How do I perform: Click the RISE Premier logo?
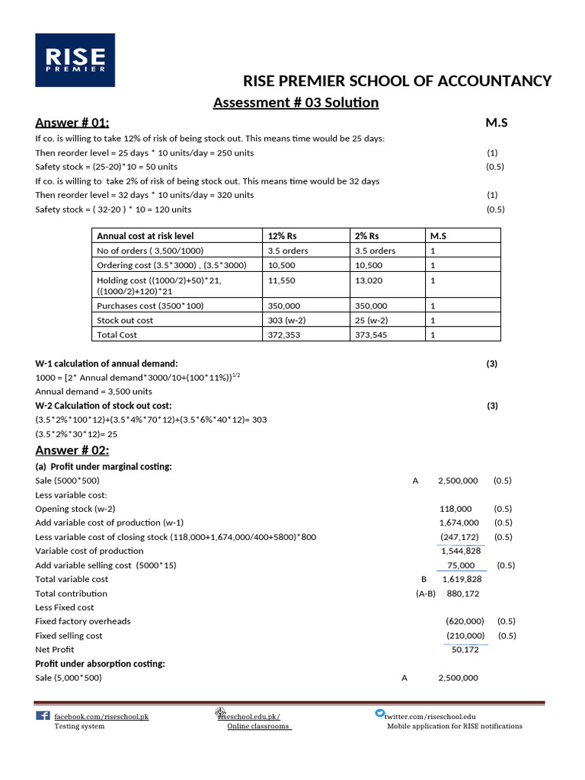pos(75,59)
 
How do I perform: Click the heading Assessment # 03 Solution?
pos(296,102)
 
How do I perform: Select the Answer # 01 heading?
pos(72,123)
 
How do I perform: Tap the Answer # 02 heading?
pos(72,450)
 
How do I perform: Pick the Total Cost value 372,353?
pos(283,334)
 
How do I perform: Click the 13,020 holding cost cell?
pos(370,280)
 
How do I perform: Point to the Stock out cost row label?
pos(125,321)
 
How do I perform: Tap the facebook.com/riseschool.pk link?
pos(101,717)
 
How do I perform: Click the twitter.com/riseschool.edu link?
pos(430,717)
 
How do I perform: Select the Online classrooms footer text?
pos(259,727)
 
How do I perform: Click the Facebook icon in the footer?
pos(43,716)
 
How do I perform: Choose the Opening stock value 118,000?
pos(456,509)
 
